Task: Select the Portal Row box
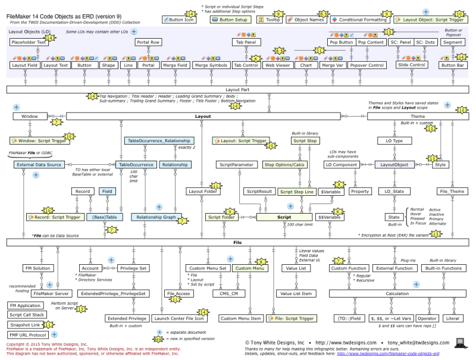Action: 148,42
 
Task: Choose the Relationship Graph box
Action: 156,218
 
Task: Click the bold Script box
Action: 284,218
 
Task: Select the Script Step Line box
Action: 296,192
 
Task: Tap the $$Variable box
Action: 330,218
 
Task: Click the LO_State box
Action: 394,192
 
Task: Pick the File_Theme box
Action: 452,192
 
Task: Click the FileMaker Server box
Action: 52,293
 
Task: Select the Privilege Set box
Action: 134,268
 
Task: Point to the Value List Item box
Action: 296,293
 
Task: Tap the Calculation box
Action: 397,293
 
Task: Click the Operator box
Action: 427,318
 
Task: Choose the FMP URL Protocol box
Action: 24,334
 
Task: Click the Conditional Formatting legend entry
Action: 358,20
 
